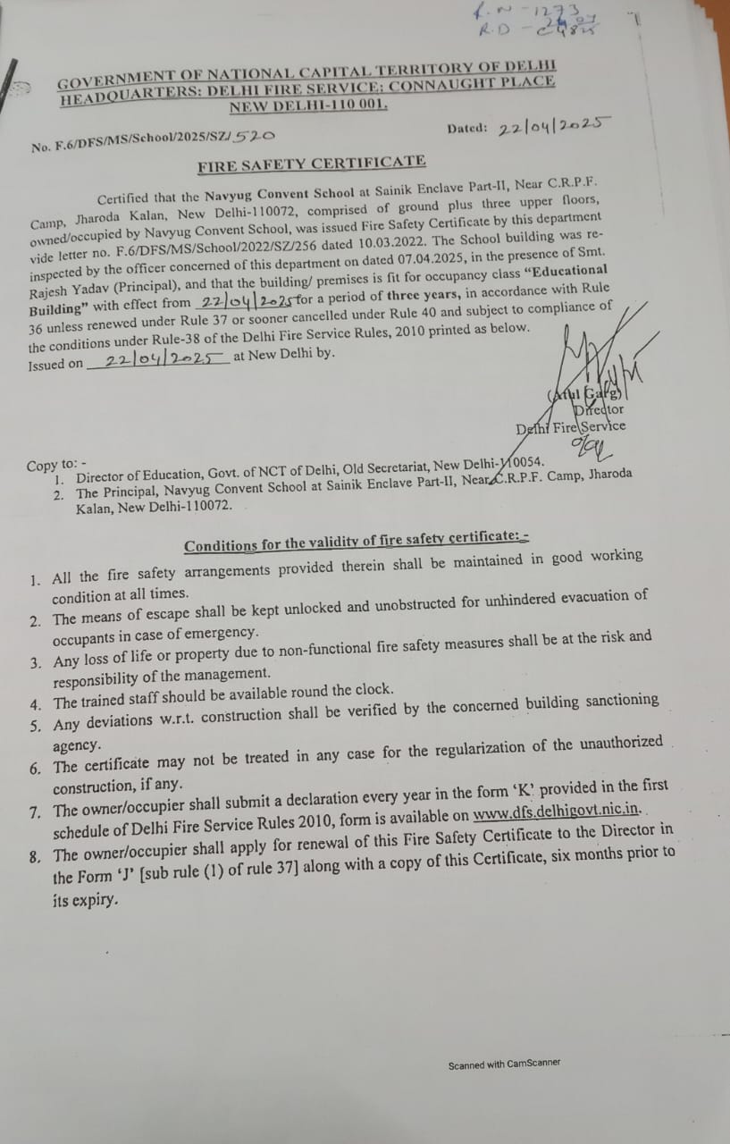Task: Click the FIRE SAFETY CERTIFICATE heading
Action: click(x=311, y=163)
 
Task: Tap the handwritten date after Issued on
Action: click(x=161, y=359)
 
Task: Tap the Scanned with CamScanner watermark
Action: click(x=504, y=1064)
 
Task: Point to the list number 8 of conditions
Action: click(x=34, y=856)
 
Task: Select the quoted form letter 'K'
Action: click(x=524, y=789)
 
